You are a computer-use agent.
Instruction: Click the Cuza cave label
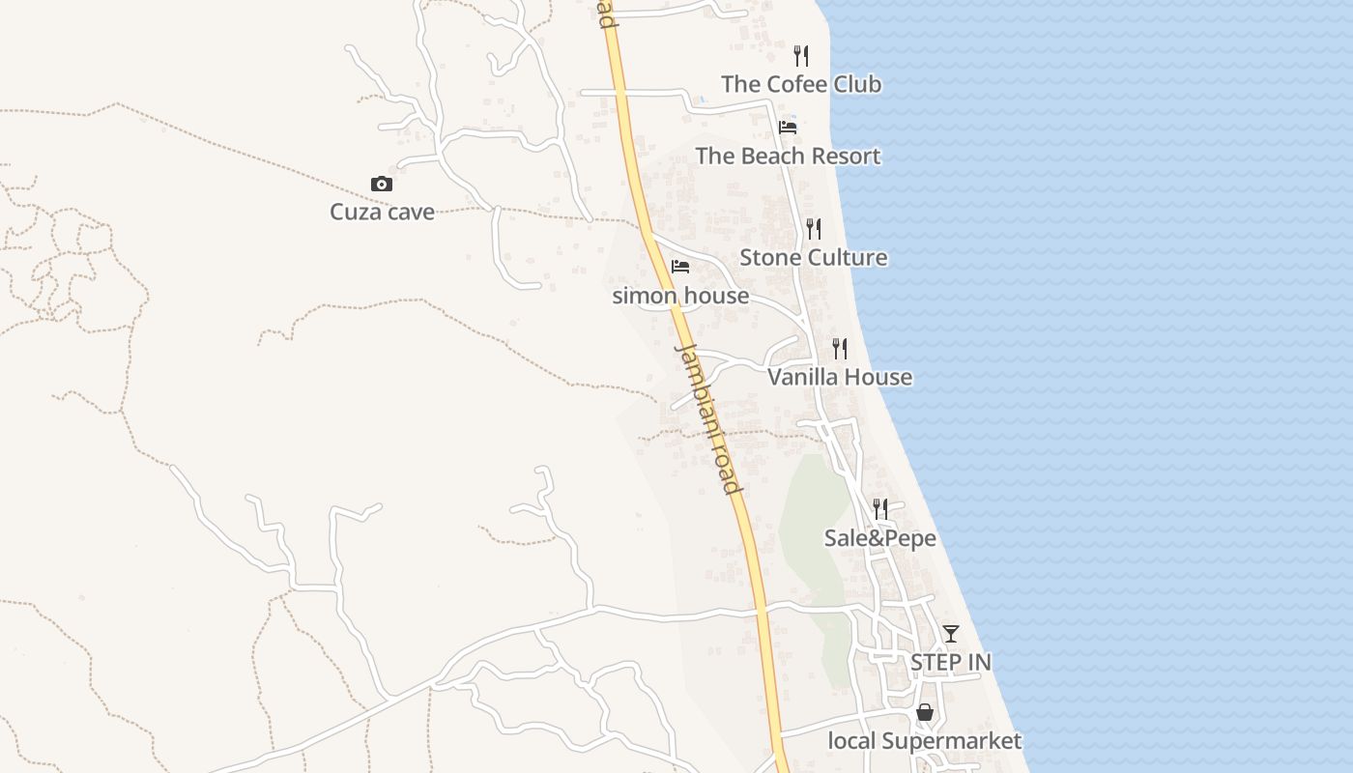382,212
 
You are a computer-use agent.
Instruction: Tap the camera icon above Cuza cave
382,184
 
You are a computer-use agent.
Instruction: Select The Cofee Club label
801,84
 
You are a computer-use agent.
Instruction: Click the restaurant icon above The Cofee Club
801,56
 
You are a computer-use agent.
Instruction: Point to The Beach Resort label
788,156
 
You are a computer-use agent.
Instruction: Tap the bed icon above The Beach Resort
788,128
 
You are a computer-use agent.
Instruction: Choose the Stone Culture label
813,257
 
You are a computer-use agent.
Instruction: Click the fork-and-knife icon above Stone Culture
814,229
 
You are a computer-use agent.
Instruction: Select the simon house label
680,296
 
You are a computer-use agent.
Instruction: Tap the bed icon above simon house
680,267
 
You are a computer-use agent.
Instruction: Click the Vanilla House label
839,377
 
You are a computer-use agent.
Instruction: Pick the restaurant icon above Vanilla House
840,349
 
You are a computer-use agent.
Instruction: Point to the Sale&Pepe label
879,537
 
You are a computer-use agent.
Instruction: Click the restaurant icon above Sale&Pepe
879,508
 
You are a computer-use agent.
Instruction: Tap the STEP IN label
950,662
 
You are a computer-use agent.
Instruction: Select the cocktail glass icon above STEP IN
951,634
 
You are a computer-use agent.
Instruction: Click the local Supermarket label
924,741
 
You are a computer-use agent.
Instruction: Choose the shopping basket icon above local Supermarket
925,713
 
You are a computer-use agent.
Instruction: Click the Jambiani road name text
708,417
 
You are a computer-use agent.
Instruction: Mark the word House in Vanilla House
876,377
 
